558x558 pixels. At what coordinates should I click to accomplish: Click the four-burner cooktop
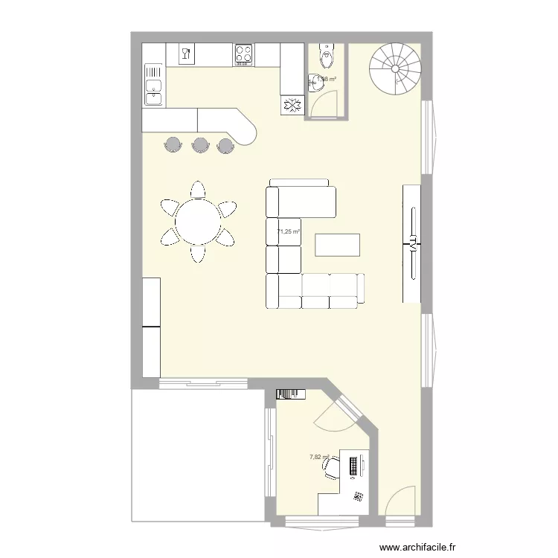243,54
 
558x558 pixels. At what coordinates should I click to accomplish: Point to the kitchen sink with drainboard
154,83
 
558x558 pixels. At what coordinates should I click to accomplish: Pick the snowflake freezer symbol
292,105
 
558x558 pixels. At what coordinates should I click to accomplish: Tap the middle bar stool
199,144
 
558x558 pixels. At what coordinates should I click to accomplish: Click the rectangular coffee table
338,245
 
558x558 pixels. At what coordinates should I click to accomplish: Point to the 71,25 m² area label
289,232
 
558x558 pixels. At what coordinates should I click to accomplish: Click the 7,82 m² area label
319,458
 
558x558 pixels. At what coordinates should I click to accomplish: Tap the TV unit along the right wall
411,243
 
